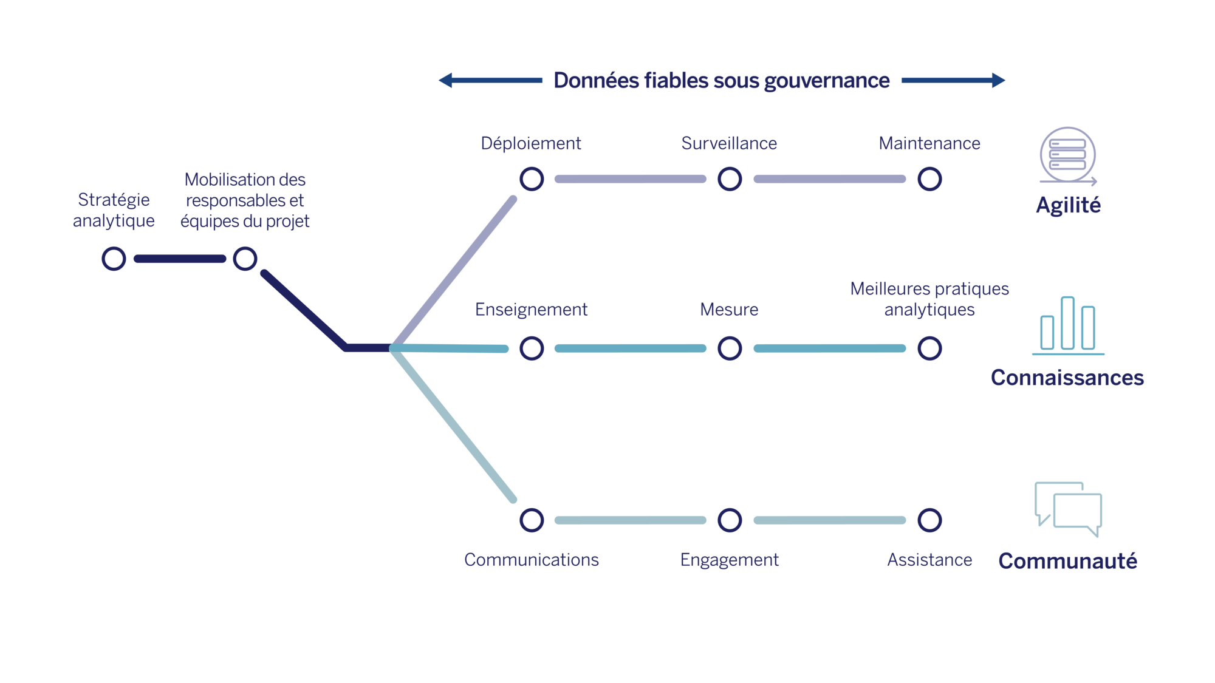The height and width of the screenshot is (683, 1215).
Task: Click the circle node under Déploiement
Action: [532, 179]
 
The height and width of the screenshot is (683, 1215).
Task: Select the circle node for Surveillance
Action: [730, 179]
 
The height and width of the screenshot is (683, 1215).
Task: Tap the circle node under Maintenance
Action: [929, 179]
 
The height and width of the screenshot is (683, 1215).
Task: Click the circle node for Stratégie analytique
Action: [114, 259]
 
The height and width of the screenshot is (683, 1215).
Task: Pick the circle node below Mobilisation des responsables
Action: [245, 259]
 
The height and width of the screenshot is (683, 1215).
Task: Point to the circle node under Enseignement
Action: [532, 348]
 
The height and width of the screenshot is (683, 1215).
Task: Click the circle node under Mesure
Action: [730, 348]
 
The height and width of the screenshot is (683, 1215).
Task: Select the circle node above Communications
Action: [532, 520]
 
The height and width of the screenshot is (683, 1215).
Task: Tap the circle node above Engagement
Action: [730, 520]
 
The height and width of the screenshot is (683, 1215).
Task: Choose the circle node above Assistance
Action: [929, 520]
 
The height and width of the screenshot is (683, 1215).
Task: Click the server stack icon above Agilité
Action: [1067, 155]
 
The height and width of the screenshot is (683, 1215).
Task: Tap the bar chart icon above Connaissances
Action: [1067, 325]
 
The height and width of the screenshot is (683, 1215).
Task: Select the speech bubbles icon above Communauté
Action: [1067, 509]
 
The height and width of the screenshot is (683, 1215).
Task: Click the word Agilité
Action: [1068, 205]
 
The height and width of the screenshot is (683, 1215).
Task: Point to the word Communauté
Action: [1067, 561]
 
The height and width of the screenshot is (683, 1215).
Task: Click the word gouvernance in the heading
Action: [827, 81]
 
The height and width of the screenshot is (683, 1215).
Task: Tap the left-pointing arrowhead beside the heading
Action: [446, 80]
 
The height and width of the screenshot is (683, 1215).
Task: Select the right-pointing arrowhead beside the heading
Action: [998, 80]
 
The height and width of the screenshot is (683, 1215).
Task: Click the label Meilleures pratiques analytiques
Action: [929, 299]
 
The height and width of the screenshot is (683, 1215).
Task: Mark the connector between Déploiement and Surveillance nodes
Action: [631, 179]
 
